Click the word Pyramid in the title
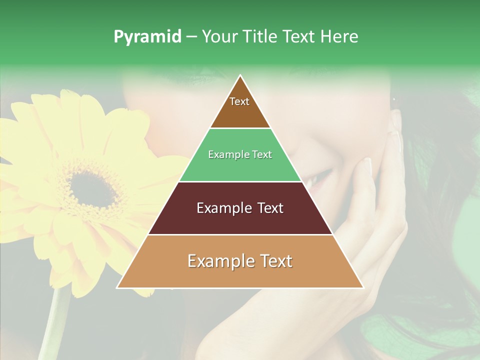click(x=147, y=37)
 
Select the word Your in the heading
click(x=219, y=37)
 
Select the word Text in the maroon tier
click(x=270, y=208)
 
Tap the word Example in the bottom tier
click(x=219, y=261)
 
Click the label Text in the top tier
click(x=239, y=101)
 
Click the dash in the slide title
click(x=191, y=37)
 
